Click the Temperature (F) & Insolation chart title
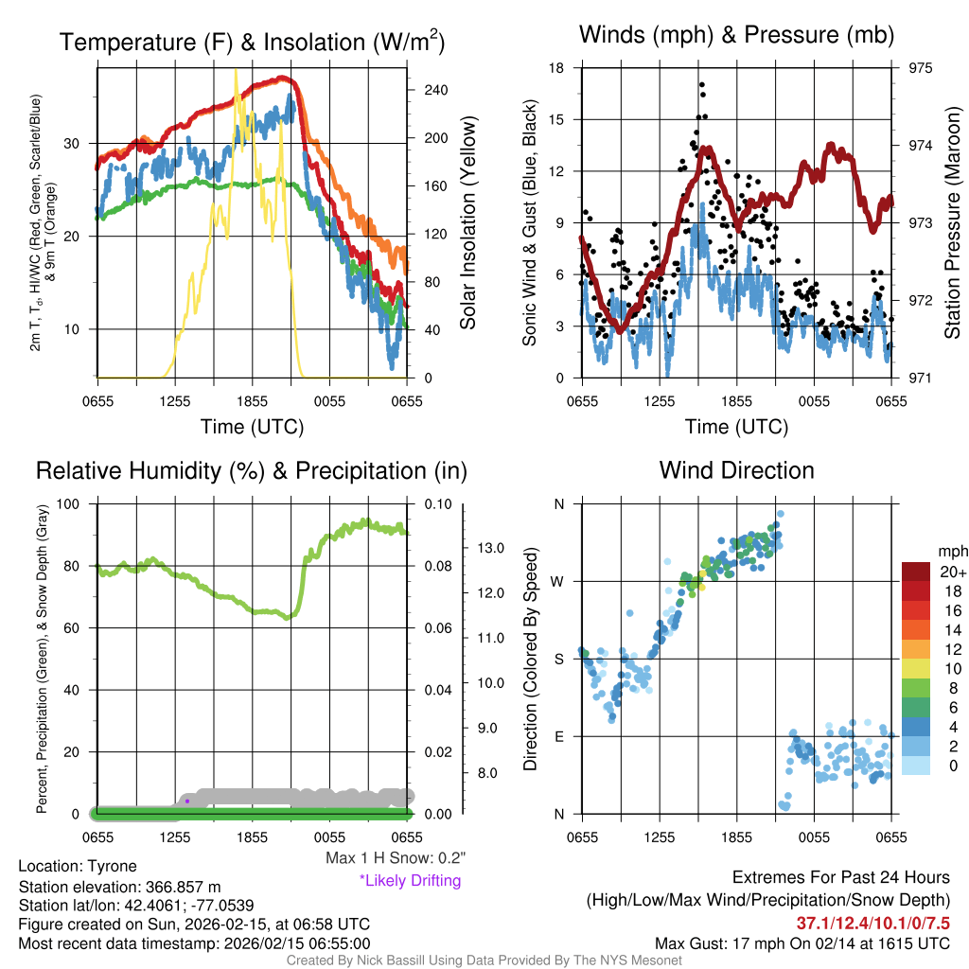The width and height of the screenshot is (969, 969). [x=253, y=42]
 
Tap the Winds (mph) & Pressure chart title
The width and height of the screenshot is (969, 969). [x=737, y=35]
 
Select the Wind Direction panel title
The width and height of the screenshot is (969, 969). [x=737, y=470]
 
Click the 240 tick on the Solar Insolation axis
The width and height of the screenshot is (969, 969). [x=435, y=90]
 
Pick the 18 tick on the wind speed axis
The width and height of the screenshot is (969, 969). [x=557, y=68]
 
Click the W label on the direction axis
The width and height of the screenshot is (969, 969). [x=558, y=581]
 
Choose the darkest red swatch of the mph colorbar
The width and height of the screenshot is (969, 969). [x=918, y=573]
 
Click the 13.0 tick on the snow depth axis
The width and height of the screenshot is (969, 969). [x=488, y=548]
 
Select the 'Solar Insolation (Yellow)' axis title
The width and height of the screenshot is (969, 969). [x=467, y=223]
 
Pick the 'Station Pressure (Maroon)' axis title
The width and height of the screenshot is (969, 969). [x=952, y=223]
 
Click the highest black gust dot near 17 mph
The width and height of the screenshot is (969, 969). [x=702, y=84]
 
